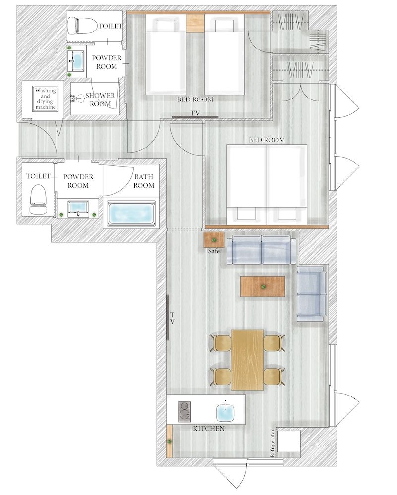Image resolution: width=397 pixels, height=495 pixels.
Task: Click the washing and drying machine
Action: pyautogui.click(x=45, y=99)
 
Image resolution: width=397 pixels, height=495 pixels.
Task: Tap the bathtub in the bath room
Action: pyautogui.click(x=130, y=214)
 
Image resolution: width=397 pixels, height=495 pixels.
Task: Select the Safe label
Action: pyautogui.click(x=214, y=251)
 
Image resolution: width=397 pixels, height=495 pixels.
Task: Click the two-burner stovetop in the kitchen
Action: pyautogui.click(x=185, y=410)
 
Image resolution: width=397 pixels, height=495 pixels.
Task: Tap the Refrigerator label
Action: pyautogui.click(x=272, y=443)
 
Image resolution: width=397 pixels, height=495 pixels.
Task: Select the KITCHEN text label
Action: pyautogui.click(x=208, y=428)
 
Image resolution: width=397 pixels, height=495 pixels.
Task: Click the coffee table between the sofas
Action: pyautogui.click(x=263, y=286)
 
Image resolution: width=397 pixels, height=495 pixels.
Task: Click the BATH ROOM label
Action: pyautogui.click(x=144, y=181)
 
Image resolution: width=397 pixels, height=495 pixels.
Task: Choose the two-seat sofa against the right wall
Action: pyautogui.click(x=311, y=294)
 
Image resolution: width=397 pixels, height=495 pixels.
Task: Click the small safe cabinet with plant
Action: pyautogui.click(x=214, y=240)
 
